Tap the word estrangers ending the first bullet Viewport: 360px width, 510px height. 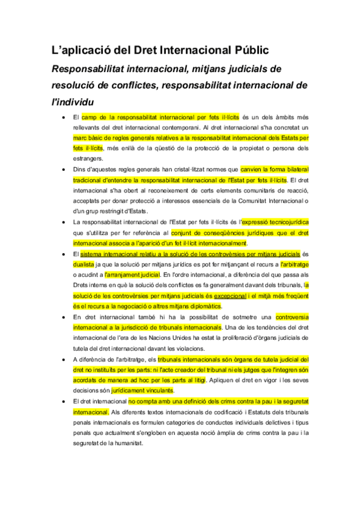88,159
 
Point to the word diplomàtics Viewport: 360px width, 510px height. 204,306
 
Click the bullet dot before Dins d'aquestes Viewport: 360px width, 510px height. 64,170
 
